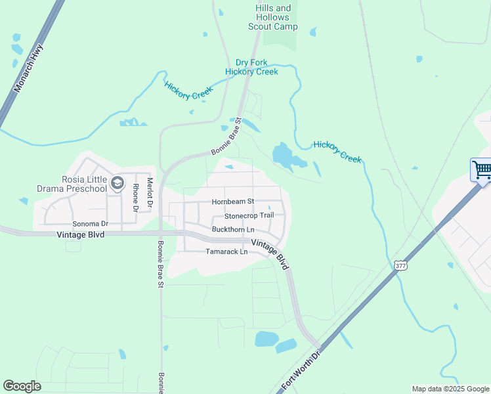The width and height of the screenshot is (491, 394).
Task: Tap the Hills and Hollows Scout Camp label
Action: pos(272,17)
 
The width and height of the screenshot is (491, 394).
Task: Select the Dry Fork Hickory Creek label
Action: pos(251,67)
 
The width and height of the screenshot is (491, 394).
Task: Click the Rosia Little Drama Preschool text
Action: pos(84,184)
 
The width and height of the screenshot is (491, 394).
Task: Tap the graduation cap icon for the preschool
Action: pos(117,183)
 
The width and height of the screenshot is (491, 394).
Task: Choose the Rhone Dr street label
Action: pos(135,197)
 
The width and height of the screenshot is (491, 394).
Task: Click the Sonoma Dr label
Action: pos(90,224)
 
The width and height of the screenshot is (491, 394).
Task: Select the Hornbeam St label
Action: pos(232,202)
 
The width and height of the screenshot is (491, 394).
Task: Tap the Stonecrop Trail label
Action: pos(249,215)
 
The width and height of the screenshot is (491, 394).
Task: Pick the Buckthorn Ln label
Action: pos(233,229)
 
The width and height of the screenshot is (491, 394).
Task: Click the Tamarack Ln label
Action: pos(226,252)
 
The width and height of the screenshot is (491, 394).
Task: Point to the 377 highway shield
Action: pos(400,265)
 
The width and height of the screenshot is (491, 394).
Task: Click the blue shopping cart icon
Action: pos(481,170)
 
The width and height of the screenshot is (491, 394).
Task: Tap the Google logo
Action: pos(22,386)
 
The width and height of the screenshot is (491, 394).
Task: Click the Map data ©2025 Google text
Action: pos(450,389)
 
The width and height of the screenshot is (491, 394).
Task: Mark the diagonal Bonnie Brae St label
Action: pos(226,137)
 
